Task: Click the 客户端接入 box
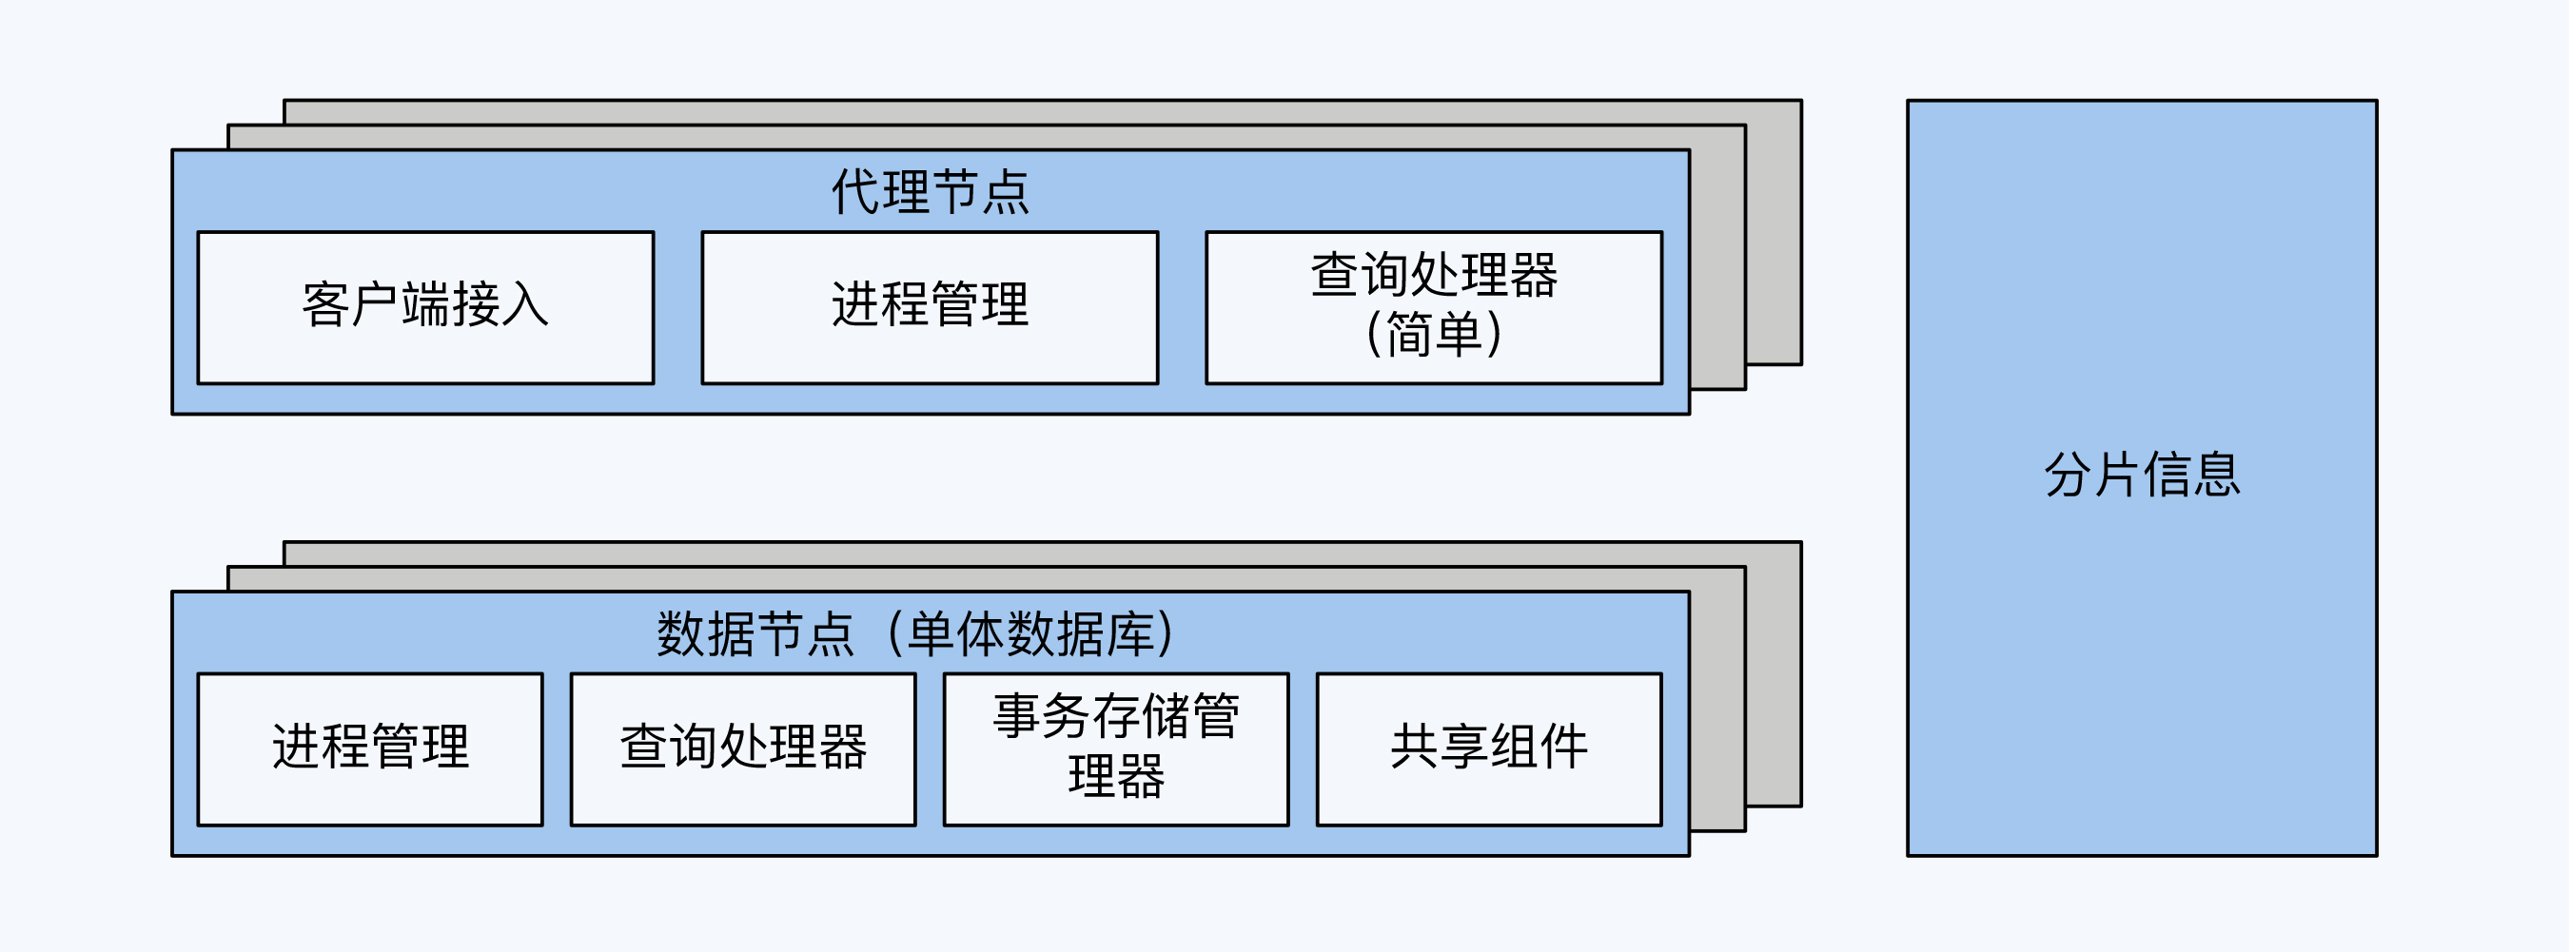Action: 426,307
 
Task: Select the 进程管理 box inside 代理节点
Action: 930,307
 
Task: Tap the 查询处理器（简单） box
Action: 1433,307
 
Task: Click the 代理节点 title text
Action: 930,191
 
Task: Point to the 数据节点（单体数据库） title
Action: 915,634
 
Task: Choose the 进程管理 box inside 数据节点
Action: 370,748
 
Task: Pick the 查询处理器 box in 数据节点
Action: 743,748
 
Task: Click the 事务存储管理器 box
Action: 1116,748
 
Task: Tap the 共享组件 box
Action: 1489,748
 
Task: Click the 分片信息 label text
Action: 2141,476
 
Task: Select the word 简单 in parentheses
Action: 1433,334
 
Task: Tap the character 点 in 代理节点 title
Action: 1006,192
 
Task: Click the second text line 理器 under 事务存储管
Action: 1116,777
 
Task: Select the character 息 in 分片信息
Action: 2216,476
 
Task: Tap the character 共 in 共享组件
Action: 1414,747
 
